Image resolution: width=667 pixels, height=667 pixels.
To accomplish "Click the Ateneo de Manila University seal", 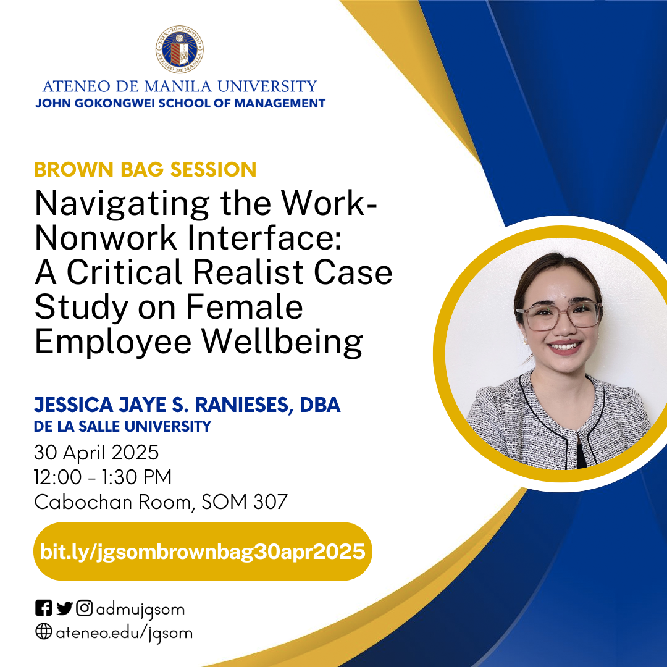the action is coord(180,49).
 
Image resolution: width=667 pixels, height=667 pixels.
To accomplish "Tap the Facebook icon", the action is coord(43,608).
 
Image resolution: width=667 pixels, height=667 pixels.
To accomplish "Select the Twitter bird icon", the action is coord(64,608).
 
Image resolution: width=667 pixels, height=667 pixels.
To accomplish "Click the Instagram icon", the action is coord(84,608).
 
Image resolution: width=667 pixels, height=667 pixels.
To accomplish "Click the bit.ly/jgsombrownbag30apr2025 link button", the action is coord(203,552).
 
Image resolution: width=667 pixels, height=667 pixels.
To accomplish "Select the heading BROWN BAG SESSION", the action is coord(145,169).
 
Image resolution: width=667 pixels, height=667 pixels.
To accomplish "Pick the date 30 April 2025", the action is coord(96,452).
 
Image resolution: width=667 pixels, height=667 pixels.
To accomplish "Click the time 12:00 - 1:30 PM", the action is coord(103,477).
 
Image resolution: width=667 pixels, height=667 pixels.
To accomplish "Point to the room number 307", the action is coord(271,502).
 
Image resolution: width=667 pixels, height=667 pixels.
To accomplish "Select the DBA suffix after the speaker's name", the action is coord(320,405).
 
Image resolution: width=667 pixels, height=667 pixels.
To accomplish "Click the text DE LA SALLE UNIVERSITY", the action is coord(122,426).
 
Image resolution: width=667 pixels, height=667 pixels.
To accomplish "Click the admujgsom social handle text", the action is coord(140,610).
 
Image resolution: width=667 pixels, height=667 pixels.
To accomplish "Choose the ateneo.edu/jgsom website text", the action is coord(124,633).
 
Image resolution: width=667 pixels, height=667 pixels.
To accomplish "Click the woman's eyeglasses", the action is coord(558,315).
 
